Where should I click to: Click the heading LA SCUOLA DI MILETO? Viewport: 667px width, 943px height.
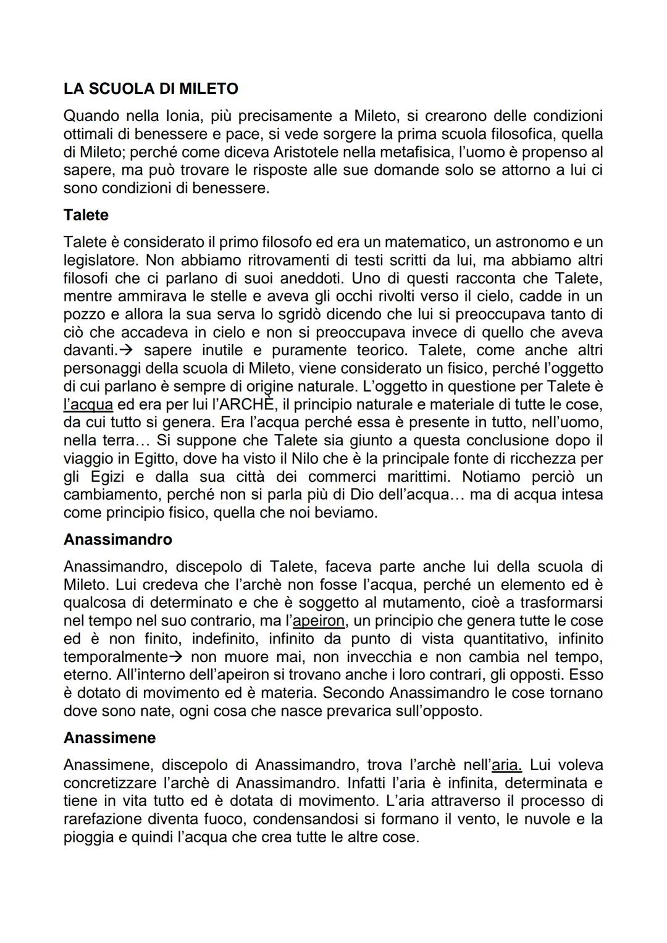tap(151, 89)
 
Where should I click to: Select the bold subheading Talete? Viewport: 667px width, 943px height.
tap(86, 215)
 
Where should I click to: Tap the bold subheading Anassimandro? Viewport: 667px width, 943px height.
tap(118, 539)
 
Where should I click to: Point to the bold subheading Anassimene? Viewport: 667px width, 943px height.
tap(109, 737)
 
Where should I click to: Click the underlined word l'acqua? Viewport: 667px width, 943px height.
tap(88, 404)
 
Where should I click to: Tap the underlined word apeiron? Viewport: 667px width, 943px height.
tap(319, 621)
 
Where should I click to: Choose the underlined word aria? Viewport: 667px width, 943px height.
tap(507, 765)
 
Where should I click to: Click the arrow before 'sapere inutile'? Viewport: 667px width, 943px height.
tap(126, 350)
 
